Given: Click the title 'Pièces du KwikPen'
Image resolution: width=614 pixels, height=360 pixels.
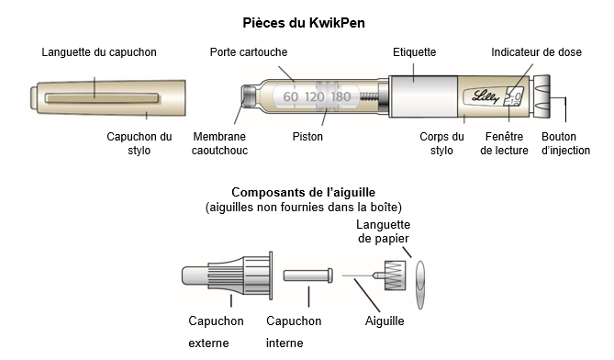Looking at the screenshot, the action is [304, 23].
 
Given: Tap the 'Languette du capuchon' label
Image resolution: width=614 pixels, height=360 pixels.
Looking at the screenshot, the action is [99, 52].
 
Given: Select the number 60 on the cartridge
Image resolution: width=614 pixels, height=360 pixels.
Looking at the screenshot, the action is [291, 96].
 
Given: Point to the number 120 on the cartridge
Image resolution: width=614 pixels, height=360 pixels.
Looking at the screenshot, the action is [315, 96].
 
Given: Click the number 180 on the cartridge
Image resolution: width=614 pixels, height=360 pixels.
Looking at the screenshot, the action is [340, 96].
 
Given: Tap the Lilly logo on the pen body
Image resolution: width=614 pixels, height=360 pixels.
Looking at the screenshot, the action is [486, 96].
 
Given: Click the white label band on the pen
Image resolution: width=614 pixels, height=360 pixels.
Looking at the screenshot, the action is [423, 96].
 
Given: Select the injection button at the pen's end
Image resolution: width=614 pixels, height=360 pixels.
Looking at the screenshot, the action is [541, 96].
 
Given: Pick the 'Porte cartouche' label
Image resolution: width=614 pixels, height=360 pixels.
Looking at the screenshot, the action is [249, 52].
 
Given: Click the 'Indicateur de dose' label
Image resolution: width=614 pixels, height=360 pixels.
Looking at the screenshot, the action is [537, 52].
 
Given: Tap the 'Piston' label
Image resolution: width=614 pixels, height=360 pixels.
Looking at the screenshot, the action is [307, 137].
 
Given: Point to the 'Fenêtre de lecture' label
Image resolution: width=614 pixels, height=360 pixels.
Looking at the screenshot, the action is [505, 143].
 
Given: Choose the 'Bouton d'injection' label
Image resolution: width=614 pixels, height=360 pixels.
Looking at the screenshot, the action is [566, 143].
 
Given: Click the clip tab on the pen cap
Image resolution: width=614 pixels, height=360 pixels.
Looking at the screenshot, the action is [102, 98].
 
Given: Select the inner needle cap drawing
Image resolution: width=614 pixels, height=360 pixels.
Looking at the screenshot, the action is [308, 275].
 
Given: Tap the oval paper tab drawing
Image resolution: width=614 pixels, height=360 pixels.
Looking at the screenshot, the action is [420, 286].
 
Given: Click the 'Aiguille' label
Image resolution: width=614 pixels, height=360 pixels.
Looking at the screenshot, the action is [385, 321].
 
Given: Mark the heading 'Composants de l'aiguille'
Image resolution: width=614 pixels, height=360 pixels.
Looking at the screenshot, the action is [304, 192].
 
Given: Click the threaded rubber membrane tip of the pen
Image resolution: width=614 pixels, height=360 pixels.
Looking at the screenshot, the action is [249, 96].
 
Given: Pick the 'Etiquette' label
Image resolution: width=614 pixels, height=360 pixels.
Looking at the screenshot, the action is [414, 52].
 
